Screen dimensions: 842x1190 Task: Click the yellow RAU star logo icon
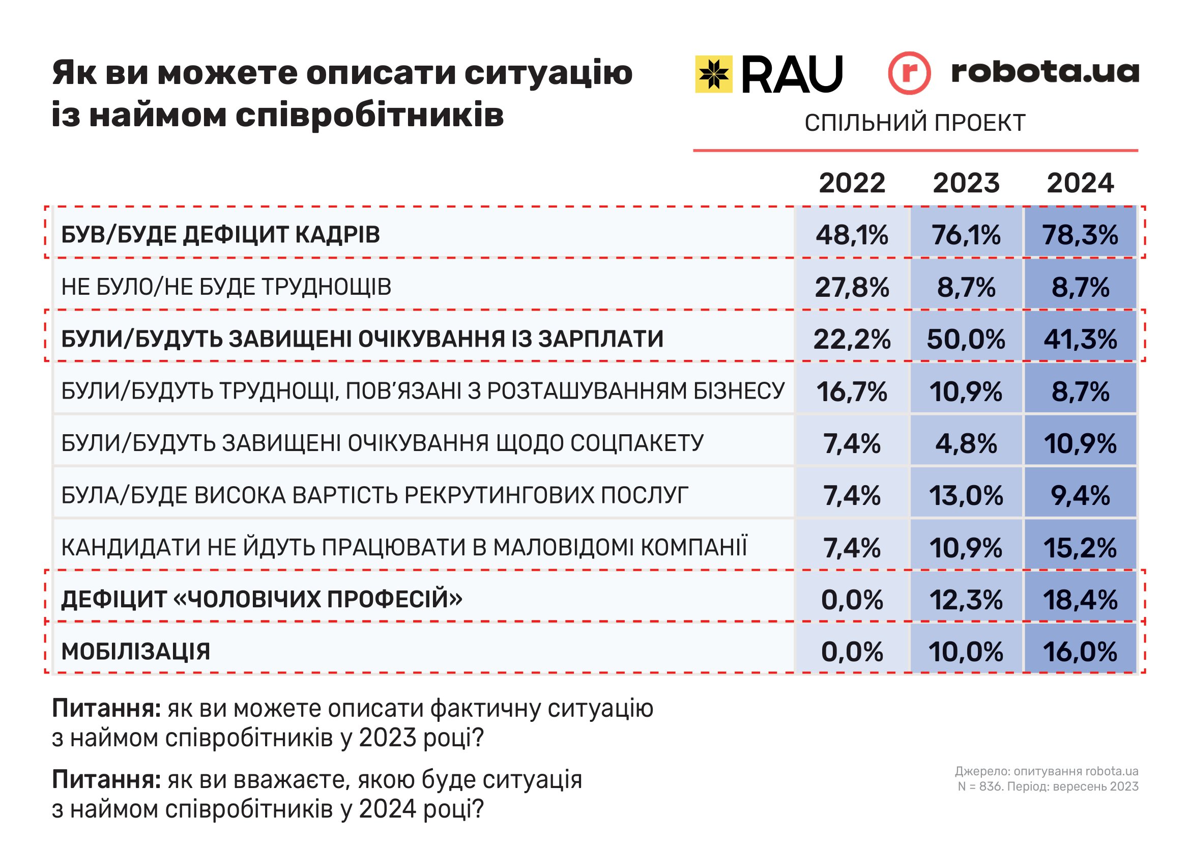[x=714, y=74]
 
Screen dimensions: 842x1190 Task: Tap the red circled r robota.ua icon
[x=909, y=73]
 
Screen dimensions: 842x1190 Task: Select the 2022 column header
[x=852, y=183]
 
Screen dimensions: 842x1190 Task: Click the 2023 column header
[x=966, y=183]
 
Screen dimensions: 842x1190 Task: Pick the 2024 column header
[x=1080, y=183]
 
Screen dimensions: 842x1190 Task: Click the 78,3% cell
[x=1080, y=235]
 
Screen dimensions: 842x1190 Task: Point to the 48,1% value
[x=852, y=235]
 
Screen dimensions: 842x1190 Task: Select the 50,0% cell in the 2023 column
[x=966, y=339]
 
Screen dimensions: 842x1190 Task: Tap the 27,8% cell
[x=852, y=287]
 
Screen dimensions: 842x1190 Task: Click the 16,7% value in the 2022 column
[x=852, y=391]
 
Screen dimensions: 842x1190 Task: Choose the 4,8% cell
[x=966, y=443]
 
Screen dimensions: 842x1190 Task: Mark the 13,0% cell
[x=966, y=496]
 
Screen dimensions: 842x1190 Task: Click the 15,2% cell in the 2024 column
[x=1080, y=548]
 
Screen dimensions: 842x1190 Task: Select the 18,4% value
[x=1080, y=600]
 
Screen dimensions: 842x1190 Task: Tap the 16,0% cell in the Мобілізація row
[x=1080, y=652]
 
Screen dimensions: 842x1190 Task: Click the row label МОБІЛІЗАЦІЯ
[x=136, y=652]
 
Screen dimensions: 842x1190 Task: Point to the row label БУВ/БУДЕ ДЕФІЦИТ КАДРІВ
[x=220, y=235]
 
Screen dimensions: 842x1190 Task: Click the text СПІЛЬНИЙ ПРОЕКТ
[x=915, y=123]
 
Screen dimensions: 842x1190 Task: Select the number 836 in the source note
[x=990, y=787]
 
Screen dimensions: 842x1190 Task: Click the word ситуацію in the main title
[x=548, y=73]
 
